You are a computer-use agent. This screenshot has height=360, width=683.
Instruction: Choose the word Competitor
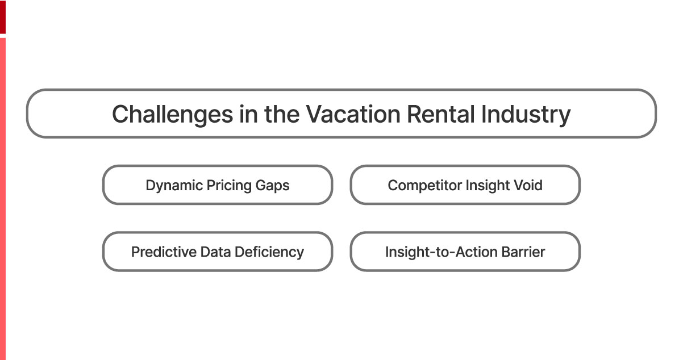pyautogui.click(x=424, y=186)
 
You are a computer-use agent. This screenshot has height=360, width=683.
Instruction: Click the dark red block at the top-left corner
pyautogui.click(x=3, y=16)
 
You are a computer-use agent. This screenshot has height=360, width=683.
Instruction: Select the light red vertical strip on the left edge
pyautogui.click(x=2, y=199)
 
